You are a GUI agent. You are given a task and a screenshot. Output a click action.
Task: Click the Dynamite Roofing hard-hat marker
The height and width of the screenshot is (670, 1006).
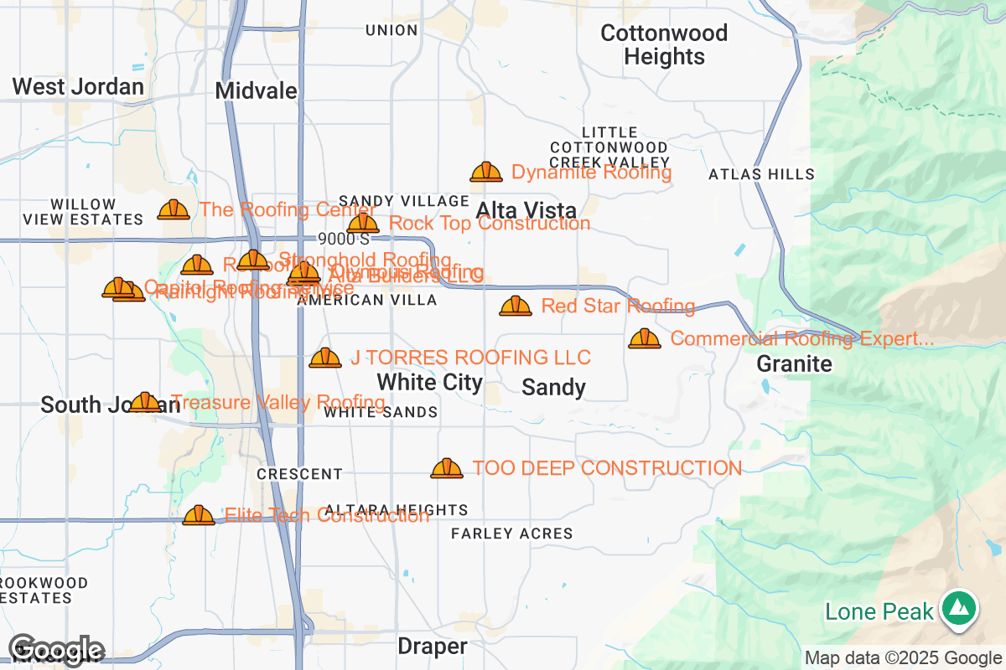click(486, 173)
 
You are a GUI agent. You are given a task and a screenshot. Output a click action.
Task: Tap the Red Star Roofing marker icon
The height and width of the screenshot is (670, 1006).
click(516, 307)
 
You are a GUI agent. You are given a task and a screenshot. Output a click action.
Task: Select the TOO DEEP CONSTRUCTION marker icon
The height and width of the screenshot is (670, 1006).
click(447, 469)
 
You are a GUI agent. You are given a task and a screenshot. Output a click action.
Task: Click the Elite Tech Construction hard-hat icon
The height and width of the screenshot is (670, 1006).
click(199, 516)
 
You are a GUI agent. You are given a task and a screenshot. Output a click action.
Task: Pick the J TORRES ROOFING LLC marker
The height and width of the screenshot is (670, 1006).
click(325, 358)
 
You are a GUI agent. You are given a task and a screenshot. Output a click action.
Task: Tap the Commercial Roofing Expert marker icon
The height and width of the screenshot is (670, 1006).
click(645, 339)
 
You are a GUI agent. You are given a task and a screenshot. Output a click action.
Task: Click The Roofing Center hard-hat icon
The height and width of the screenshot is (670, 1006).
click(174, 210)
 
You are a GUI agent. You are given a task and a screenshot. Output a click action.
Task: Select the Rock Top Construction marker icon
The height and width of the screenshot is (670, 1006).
click(363, 224)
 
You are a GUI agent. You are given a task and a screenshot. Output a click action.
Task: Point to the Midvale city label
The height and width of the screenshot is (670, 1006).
click(257, 90)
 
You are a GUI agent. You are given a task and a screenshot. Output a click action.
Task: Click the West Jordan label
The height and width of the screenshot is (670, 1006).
click(78, 86)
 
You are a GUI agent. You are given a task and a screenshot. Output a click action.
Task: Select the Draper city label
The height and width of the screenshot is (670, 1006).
click(432, 647)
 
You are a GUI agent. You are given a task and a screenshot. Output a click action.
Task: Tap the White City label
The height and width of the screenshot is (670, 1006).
click(429, 383)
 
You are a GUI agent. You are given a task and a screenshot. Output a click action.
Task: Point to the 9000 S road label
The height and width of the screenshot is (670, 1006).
click(344, 240)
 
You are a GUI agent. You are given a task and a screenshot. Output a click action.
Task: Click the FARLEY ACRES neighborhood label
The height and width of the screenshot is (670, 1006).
click(511, 533)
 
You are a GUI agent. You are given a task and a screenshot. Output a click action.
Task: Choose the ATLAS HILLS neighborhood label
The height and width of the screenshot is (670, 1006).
click(761, 174)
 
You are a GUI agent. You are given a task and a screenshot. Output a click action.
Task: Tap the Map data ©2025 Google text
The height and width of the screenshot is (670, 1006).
click(903, 658)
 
